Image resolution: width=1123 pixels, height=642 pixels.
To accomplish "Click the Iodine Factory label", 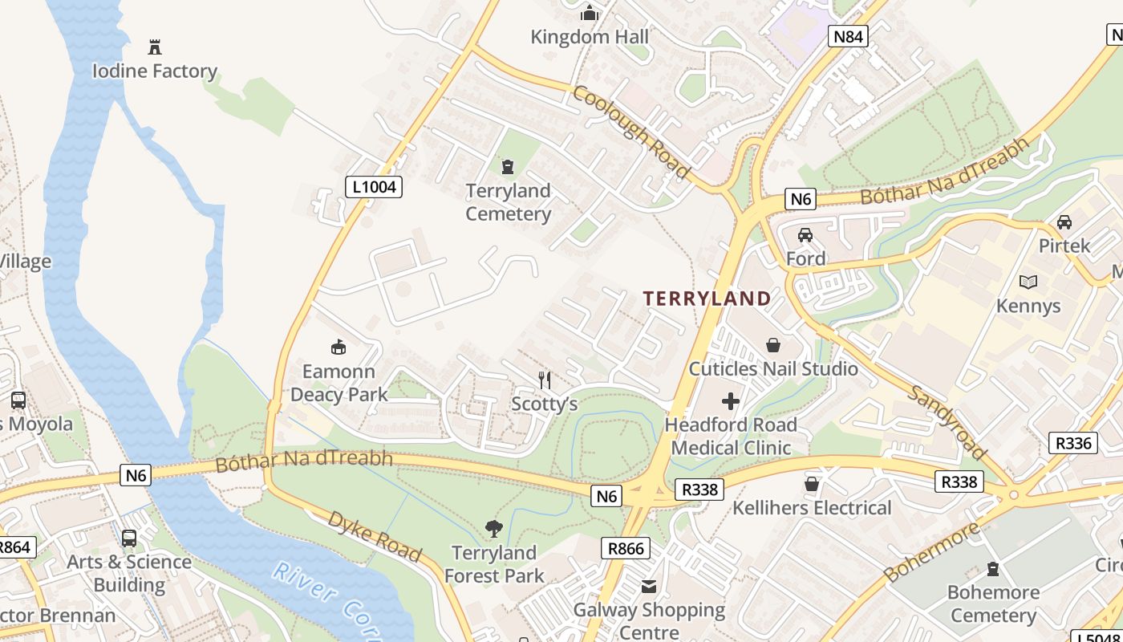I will pyautogui.click(x=154, y=71).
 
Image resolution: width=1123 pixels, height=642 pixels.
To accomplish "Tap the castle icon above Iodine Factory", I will pyautogui.click(x=155, y=47).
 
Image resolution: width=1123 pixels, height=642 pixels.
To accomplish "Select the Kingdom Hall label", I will pyautogui.click(x=590, y=37).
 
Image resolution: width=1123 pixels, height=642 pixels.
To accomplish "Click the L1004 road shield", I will pyautogui.click(x=374, y=187).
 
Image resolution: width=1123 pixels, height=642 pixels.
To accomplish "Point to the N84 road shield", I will pyautogui.click(x=848, y=35).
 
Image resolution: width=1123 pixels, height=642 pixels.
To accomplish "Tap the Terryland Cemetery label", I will pyautogui.click(x=508, y=202).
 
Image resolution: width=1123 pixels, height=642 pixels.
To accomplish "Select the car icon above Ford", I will pyautogui.click(x=805, y=235).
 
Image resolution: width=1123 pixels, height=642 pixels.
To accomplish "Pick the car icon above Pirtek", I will pyautogui.click(x=1064, y=222).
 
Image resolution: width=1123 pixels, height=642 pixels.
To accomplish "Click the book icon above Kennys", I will pyautogui.click(x=1028, y=282).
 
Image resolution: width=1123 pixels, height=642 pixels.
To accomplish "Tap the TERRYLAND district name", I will pyautogui.click(x=707, y=299).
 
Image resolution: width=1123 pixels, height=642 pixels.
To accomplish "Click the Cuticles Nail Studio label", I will pyautogui.click(x=773, y=369).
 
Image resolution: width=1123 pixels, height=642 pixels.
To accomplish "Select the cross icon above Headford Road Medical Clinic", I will pyautogui.click(x=731, y=400).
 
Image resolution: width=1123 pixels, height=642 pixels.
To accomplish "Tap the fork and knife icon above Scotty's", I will pyautogui.click(x=545, y=380).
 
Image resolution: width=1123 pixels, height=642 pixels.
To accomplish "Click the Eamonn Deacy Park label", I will pyautogui.click(x=339, y=383).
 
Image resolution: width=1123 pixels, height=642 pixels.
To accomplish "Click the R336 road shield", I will pyautogui.click(x=1072, y=443).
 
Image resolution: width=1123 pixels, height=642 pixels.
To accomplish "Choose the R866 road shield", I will pyautogui.click(x=625, y=548).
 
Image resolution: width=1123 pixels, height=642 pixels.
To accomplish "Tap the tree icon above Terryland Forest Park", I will pyautogui.click(x=494, y=529).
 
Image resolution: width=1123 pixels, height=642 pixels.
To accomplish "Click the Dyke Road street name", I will pyautogui.click(x=374, y=535).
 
